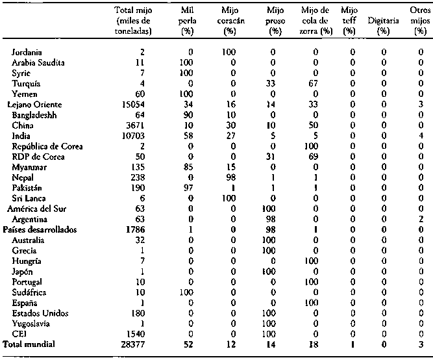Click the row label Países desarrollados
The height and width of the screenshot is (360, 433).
[x=40, y=229]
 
